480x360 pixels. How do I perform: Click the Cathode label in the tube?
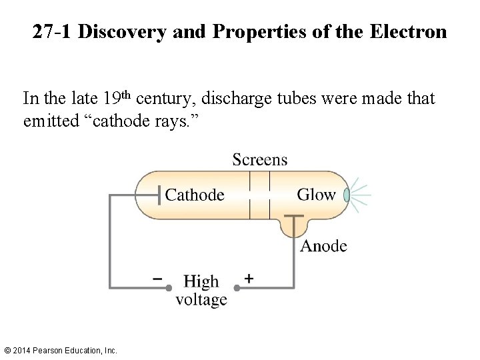point(195,195)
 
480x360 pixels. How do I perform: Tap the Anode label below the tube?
point(324,246)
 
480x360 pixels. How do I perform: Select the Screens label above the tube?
point(260,159)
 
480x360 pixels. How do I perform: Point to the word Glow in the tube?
point(316,194)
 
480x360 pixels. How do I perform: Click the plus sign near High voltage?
point(249,278)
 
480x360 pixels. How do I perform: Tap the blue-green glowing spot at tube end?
point(346,195)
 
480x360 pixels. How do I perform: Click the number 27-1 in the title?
point(53,31)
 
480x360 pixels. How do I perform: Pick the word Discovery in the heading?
point(123,31)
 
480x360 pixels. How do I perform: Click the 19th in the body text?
point(118,99)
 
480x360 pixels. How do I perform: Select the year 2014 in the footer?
point(22,350)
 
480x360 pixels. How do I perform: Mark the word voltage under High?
point(201,299)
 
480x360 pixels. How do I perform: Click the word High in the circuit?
point(201,281)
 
